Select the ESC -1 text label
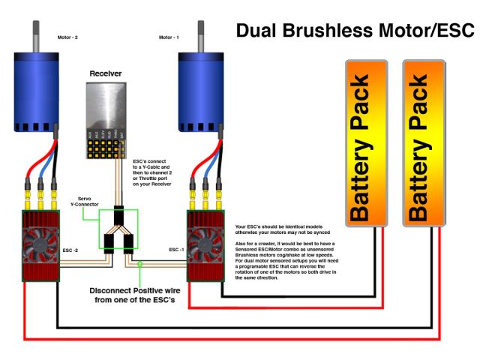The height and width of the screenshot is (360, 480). pyautogui.click(x=178, y=250)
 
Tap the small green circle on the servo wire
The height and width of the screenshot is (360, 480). pyautogui.click(x=139, y=262)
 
